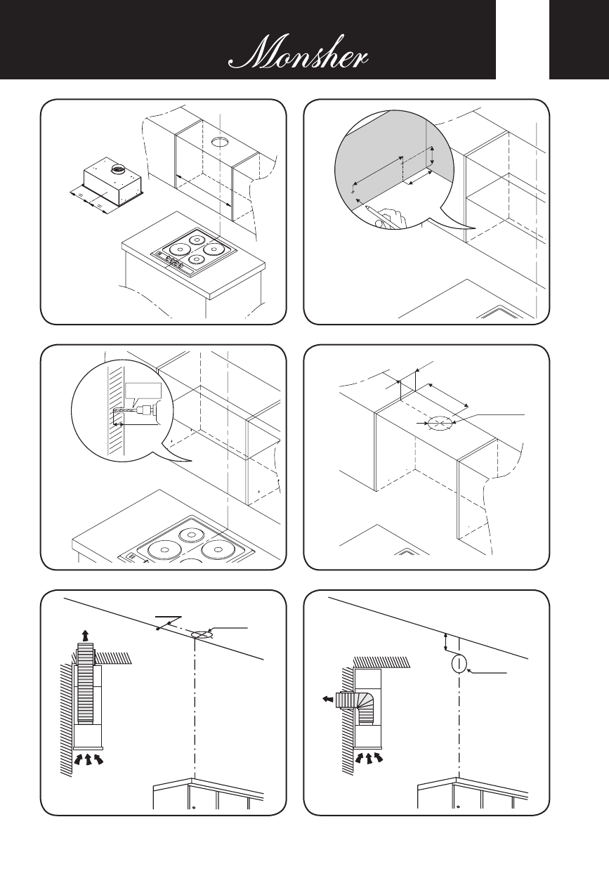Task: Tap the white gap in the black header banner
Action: (523, 39)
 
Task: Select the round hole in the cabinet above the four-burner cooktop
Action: (219, 143)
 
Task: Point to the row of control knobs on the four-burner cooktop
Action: (171, 263)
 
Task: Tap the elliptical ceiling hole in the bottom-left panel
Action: (199, 634)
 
